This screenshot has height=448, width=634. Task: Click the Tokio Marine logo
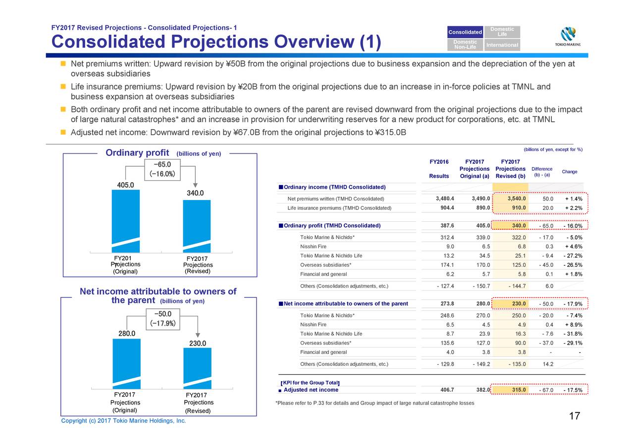point(568,37)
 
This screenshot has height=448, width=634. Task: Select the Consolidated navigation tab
point(465,32)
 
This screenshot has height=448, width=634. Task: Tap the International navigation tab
point(502,45)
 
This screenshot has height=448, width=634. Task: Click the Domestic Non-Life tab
point(465,45)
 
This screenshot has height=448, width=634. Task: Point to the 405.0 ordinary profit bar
point(126,221)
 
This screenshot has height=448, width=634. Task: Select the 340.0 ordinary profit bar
point(197,226)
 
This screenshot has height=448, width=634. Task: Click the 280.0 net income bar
point(126,364)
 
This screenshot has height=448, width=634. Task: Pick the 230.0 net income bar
point(197,368)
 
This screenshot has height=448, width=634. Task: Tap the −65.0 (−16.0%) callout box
point(162,170)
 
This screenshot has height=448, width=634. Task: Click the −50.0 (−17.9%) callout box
point(163,319)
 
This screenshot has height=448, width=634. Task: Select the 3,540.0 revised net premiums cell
point(510,199)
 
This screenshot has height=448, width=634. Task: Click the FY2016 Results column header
point(439,169)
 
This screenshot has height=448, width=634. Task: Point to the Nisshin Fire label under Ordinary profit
point(314,247)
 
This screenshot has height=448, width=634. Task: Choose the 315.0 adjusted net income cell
point(510,390)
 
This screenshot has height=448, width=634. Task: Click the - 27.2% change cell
point(573,255)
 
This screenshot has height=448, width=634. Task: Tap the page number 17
point(575,416)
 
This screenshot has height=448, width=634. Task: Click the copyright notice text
point(123,421)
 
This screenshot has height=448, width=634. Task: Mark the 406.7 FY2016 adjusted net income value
point(447,390)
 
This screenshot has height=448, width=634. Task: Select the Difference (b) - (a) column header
point(542,172)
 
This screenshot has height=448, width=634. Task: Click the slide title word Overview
point(314,42)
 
